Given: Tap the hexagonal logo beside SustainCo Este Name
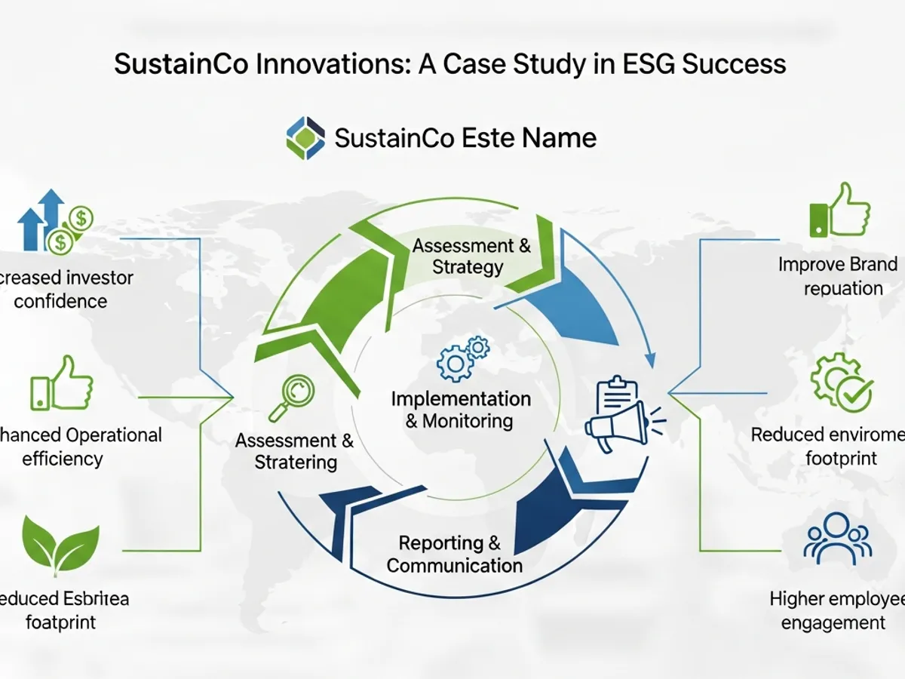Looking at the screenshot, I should pyautogui.click(x=305, y=138).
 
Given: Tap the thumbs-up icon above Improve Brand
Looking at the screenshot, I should pyautogui.click(x=839, y=210).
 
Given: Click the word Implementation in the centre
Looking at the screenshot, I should pyautogui.click(x=460, y=398).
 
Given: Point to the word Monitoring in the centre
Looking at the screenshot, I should pyautogui.click(x=468, y=421).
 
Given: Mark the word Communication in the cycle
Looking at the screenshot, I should pyautogui.click(x=455, y=565).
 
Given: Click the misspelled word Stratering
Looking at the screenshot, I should pyautogui.click(x=296, y=462).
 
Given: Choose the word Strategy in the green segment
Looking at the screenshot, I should pyautogui.click(x=468, y=267).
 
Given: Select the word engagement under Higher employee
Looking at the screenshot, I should pyautogui.click(x=833, y=622).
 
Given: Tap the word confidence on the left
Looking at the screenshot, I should pyautogui.click(x=61, y=301).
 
